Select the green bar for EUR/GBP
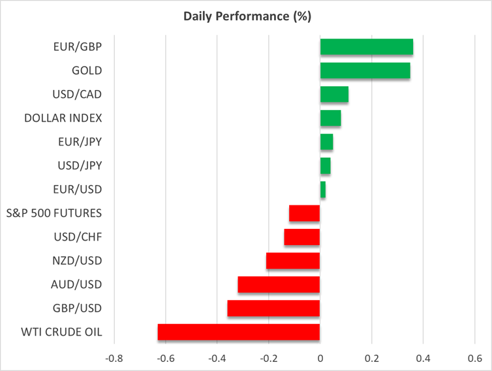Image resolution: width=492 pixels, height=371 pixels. [366, 47]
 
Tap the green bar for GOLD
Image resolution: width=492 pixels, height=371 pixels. [365, 70]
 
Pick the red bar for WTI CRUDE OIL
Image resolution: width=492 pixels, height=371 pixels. [239, 332]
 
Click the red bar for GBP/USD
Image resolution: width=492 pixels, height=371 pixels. [273, 308]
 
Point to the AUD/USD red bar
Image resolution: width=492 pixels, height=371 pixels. [279, 284]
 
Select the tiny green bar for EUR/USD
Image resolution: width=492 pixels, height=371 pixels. [322, 190]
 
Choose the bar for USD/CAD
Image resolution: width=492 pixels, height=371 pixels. [334, 95]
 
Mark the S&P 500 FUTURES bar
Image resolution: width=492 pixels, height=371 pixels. [304, 213]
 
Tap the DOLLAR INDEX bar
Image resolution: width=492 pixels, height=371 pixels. [330, 118]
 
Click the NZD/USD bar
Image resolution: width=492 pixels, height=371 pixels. [293, 261]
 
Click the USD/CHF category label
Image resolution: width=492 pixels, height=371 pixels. [78, 237]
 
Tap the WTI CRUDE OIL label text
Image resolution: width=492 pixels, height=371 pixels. [62, 332]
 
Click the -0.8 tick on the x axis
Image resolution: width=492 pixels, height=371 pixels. [114, 359]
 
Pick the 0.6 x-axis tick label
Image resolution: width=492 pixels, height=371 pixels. [474, 359]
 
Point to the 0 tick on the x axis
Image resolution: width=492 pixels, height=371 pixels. [320, 359]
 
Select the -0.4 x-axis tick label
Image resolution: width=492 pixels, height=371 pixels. [217, 359]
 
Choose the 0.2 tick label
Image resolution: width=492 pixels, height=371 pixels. [371, 359]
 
